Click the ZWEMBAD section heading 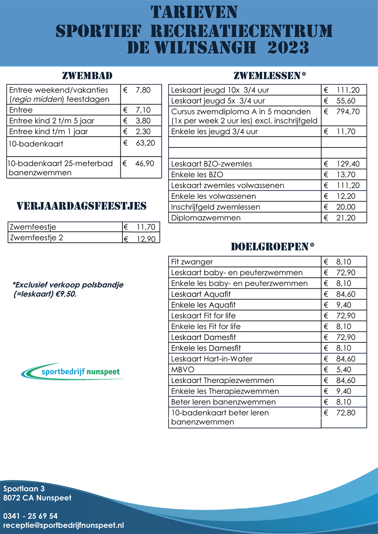click(x=87, y=76)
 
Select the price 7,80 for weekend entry click(x=143, y=90)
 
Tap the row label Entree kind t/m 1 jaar click(x=48, y=132)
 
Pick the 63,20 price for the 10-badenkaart click(x=145, y=143)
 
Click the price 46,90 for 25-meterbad click(x=145, y=164)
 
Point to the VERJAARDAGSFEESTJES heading click(x=82, y=206)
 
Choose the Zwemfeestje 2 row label click(x=36, y=238)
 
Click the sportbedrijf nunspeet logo click(x=73, y=372)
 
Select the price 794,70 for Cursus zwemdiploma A click(x=348, y=112)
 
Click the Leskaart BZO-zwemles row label click(x=211, y=164)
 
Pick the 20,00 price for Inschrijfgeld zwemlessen click(x=346, y=207)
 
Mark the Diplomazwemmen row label click(x=206, y=218)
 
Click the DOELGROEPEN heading click(x=273, y=247)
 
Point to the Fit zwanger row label click(x=192, y=262)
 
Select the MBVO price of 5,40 click(x=343, y=370)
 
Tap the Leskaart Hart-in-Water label click(x=212, y=359)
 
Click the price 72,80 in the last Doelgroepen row click(x=346, y=413)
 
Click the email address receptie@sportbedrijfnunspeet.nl click(x=64, y=525)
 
